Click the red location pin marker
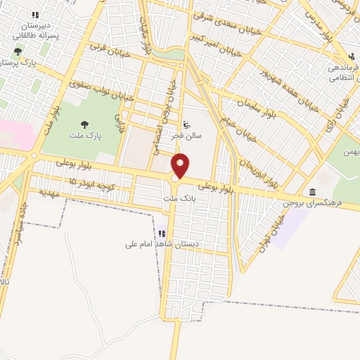tap(181, 165)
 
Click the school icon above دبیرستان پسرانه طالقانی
tap(33, 14)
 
